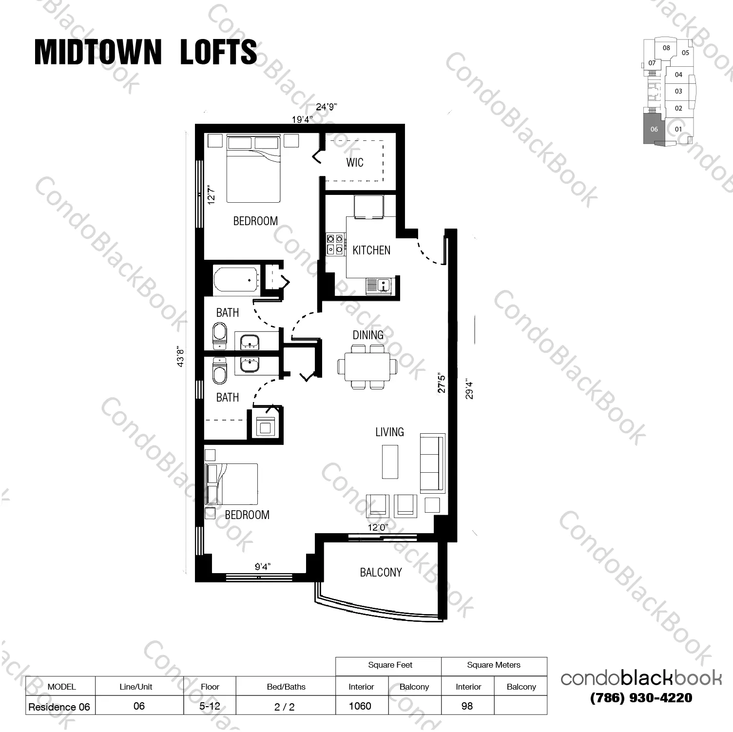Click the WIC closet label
click(x=355, y=162)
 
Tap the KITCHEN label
click(x=371, y=250)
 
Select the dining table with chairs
click(x=367, y=367)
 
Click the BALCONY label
click(x=381, y=572)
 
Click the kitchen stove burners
click(x=335, y=244)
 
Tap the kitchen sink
click(x=379, y=286)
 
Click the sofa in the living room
click(x=432, y=462)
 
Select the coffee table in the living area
click(x=389, y=462)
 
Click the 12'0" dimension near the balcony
click(x=378, y=527)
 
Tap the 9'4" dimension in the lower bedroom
click(x=262, y=566)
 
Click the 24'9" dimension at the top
click(x=326, y=107)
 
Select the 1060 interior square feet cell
click(x=360, y=706)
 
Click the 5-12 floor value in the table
click(x=210, y=706)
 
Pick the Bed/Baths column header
click(x=286, y=687)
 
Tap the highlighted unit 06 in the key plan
click(x=654, y=129)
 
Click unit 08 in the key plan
click(x=666, y=48)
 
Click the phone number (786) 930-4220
click(x=641, y=698)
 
